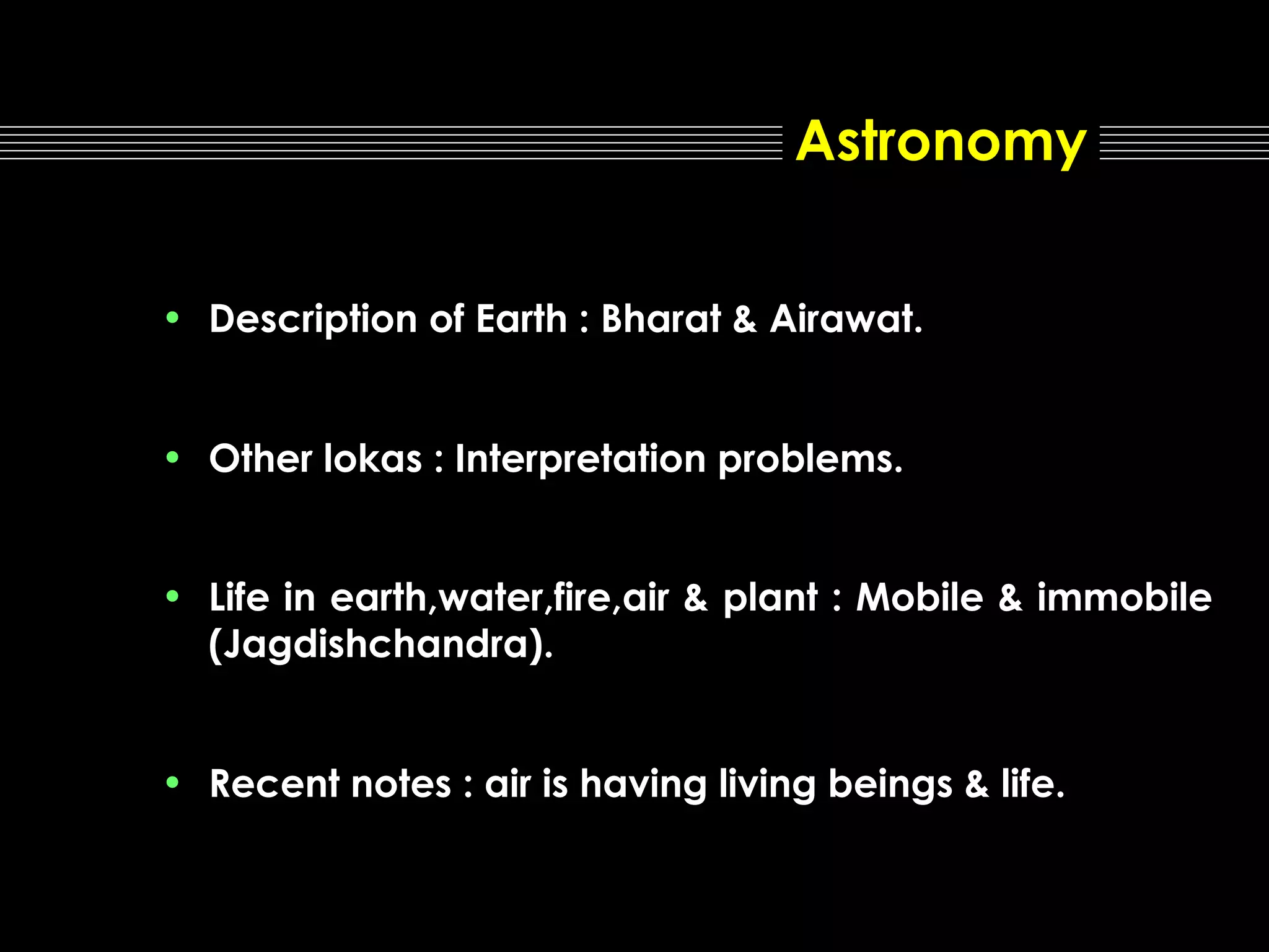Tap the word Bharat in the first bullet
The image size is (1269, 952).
click(x=661, y=319)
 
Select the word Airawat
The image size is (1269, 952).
click(x=845, y=319)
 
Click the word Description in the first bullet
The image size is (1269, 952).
click(x=313, y=320)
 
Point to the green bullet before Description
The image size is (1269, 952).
click(x=172, y=318)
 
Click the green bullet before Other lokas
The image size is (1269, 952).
click(x=172, y=457)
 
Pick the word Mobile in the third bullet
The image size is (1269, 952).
click(x=920, y=598)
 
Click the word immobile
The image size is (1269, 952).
click(x=1124, y=598)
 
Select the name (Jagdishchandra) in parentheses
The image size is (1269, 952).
click(x=380, y=645)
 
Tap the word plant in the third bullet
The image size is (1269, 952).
click(x=771, y=599)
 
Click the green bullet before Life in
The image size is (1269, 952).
click(x=172, y=596)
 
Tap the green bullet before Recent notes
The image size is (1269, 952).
click(x=172, y=782)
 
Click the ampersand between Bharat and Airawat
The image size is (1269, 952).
click(x=745, y=319)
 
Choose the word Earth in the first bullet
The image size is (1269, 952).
click(x=521, y=319)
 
